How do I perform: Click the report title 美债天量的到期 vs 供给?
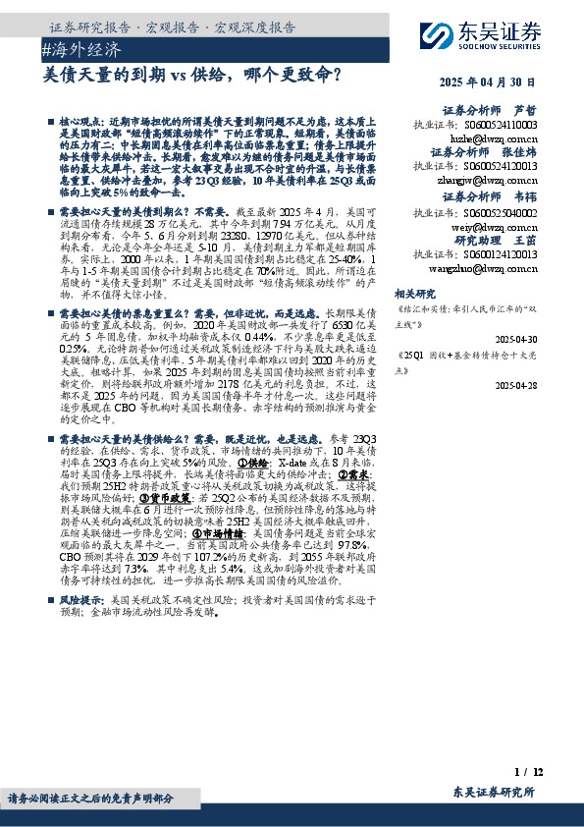pyautogui.click(x=192, y=74)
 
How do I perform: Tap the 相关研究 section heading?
pyautogui.click(x=413, y=293)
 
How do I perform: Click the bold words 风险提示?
pyautogui.click(x=81, y=598)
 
